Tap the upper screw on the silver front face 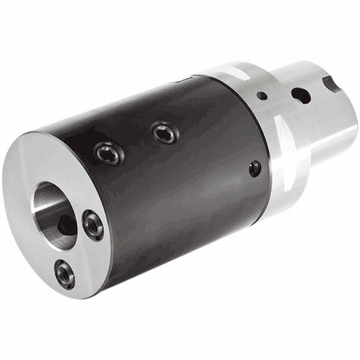93,225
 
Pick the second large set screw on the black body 164,132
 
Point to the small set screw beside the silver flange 255,169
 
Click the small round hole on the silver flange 262,95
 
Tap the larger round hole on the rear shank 300,95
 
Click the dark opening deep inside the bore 66,224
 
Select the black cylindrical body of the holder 180,180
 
